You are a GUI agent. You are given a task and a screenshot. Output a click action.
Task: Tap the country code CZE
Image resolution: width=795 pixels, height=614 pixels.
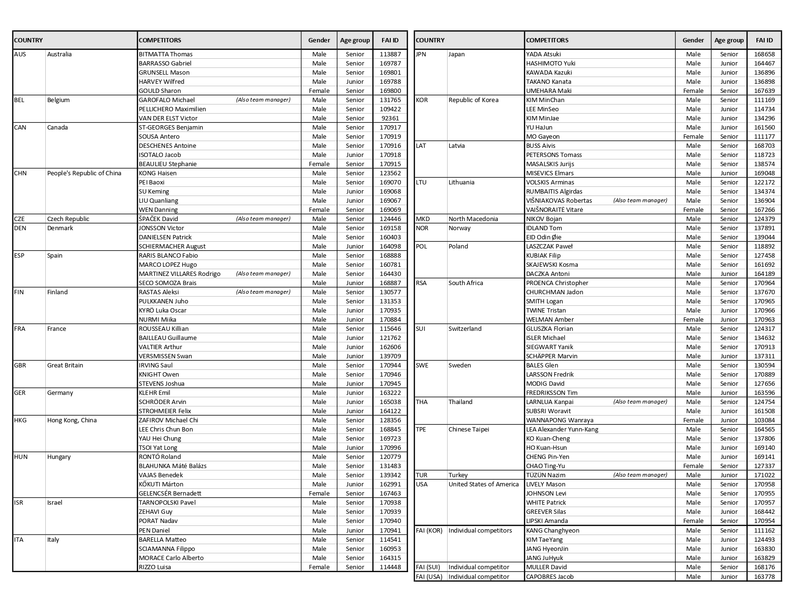(x=20, y=219)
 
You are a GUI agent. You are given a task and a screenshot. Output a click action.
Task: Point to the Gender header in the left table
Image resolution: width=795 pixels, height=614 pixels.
(x=319, y=40)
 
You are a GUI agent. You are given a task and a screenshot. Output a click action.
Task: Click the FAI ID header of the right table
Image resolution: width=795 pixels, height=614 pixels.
(x=764, y=40)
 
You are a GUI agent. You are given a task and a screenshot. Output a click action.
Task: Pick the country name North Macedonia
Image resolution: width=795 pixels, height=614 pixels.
(x=473, y=219)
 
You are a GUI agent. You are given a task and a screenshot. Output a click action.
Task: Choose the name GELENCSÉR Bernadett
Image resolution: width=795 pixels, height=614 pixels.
(x=170, y=494)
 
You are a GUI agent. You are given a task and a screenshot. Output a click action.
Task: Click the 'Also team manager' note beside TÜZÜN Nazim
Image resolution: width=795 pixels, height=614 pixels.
(x=640, y=475)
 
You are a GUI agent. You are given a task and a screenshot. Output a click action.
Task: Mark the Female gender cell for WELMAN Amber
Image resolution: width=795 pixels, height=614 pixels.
(x=693, y=320)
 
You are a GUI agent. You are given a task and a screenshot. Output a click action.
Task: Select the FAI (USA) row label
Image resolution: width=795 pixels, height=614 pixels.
(x=429, y=577)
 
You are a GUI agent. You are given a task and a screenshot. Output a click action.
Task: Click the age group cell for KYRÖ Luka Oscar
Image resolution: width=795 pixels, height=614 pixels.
(x=355, y=311)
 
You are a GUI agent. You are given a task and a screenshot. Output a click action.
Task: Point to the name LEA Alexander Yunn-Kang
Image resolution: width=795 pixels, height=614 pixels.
(x=562, y=430)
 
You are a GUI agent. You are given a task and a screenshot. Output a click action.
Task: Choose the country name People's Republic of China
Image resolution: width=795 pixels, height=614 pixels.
(x=84, y=173)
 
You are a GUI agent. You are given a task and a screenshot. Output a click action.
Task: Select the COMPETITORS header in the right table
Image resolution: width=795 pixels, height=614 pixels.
(x=547, y=40)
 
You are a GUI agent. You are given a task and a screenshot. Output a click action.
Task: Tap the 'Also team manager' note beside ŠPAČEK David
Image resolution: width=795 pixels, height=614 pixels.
(x=263, y=219)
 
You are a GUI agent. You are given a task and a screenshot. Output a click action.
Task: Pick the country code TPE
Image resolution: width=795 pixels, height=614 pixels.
(x=421, y=430)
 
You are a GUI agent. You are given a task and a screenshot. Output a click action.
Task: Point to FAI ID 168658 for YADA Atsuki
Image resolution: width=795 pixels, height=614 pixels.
(x=764, y=54)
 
